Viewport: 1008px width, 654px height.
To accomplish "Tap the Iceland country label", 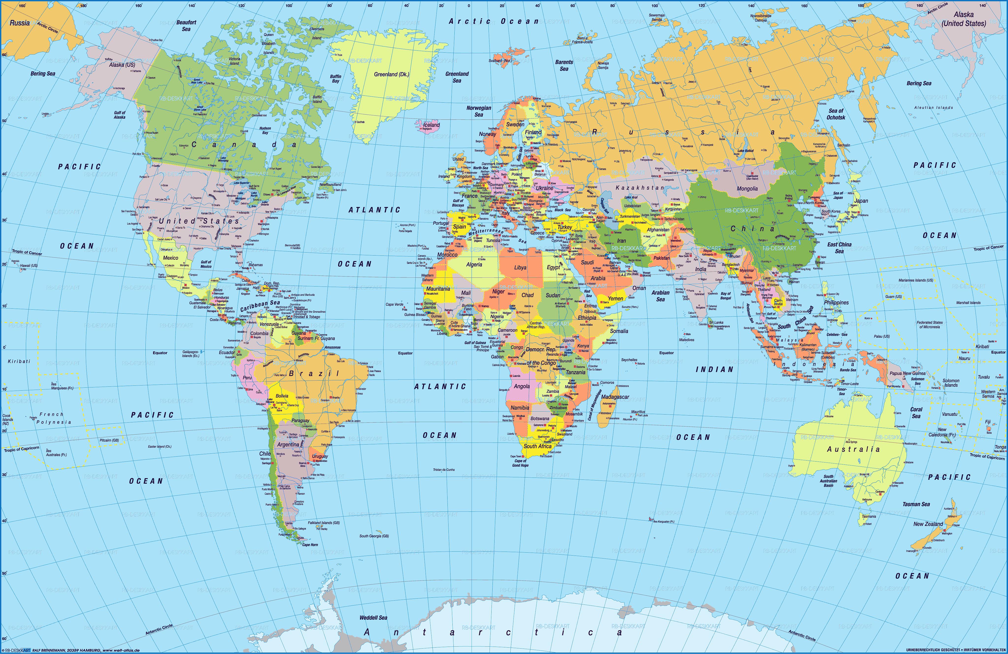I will coord(432,125).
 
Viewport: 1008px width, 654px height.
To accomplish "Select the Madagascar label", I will coord(615,397).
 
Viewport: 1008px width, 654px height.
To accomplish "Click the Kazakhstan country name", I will coord(640,188).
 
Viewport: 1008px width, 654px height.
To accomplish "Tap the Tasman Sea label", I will coord(916,504).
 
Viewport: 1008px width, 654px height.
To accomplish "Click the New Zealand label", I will coord(928,524).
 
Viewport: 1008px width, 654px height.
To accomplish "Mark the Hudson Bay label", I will coord(265,130).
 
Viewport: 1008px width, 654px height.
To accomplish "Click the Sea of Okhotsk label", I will coord(836,114).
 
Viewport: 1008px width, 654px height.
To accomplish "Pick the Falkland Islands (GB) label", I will coord(324,523).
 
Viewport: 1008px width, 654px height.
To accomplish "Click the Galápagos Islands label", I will coord(190,354).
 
